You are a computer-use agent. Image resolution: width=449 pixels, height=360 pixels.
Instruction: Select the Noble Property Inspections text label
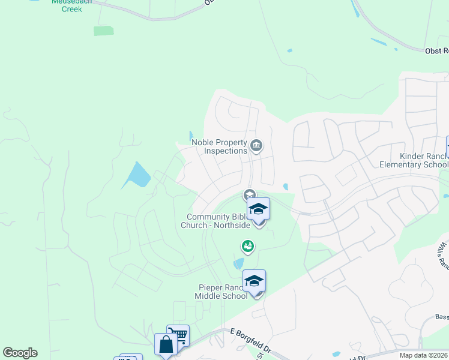[219, 146]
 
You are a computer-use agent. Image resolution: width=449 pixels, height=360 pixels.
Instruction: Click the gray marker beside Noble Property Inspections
[256, 145]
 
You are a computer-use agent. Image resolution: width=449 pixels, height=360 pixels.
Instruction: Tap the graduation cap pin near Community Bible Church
[258, 210]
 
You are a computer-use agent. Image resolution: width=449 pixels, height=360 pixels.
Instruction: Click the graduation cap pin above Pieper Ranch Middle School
[254, 281]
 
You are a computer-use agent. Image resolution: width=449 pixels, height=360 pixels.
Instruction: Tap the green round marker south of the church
[247, 245]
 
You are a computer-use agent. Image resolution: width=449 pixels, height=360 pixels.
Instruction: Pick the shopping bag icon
[166, 344]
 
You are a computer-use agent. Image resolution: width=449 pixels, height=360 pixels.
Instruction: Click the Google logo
[20, 353]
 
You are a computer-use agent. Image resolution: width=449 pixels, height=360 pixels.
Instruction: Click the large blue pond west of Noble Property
[137, 176]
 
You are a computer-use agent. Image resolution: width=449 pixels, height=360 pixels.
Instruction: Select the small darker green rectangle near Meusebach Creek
[103, 31]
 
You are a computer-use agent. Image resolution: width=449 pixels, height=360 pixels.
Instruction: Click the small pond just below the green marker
[239, 263]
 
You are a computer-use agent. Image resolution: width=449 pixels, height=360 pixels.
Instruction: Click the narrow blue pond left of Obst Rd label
[380, 43]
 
